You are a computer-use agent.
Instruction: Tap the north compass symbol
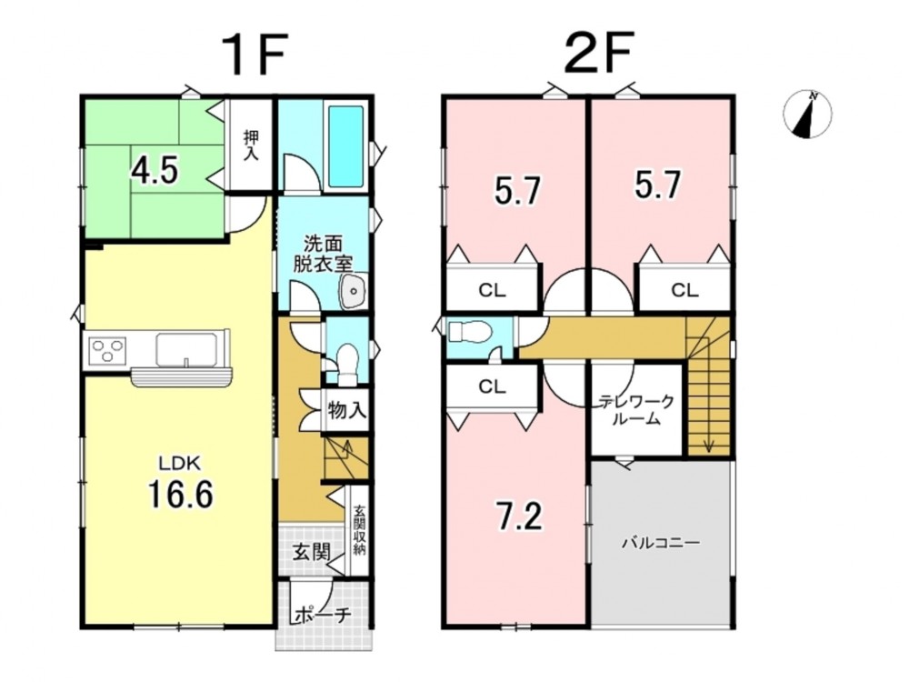pos(807,115)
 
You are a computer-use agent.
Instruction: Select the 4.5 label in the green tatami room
pos(154,171)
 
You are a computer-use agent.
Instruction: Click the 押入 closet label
pos(251,145)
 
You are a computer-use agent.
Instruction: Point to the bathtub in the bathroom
pos(346,146)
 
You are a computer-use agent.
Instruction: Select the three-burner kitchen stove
pos(107,350)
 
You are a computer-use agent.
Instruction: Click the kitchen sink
pos(185,350)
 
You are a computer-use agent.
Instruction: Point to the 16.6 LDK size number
pos(180,494)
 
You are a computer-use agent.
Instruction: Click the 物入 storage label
pos(346,411)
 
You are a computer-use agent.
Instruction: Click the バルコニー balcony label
pos(662,544)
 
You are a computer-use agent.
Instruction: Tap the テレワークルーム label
pos(636,409)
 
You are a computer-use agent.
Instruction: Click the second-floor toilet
pos(470,332)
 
